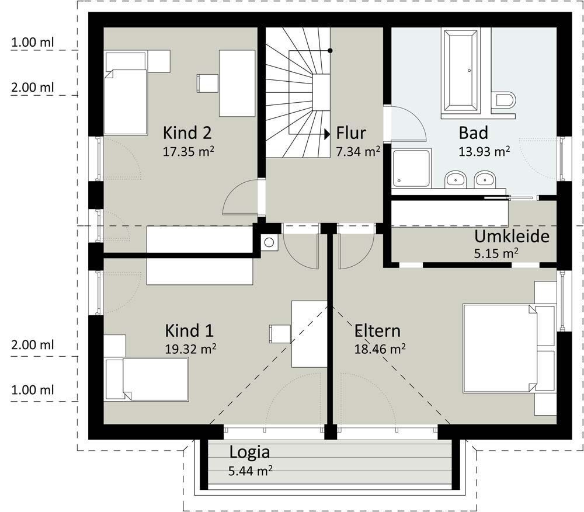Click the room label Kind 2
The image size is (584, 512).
coord(187,133)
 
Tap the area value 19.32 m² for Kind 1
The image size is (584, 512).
coord(190,349)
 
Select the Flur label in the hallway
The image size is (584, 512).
coord(351,133)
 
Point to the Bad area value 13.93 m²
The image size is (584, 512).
coord(484,151)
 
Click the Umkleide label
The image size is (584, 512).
coord(512,236)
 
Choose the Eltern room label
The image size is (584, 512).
coord(377,330)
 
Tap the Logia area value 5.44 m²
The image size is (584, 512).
coord(251,471)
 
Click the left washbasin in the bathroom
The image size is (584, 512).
coord(456,180)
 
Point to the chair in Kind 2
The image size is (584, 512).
coord(207,83)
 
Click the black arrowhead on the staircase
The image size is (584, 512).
coord(327,134)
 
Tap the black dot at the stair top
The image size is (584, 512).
coord(330,51)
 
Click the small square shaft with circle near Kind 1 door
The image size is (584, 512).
coord(269,243)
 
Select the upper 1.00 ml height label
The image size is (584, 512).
coord(32,42)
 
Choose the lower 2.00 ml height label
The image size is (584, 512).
coord(32,345)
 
